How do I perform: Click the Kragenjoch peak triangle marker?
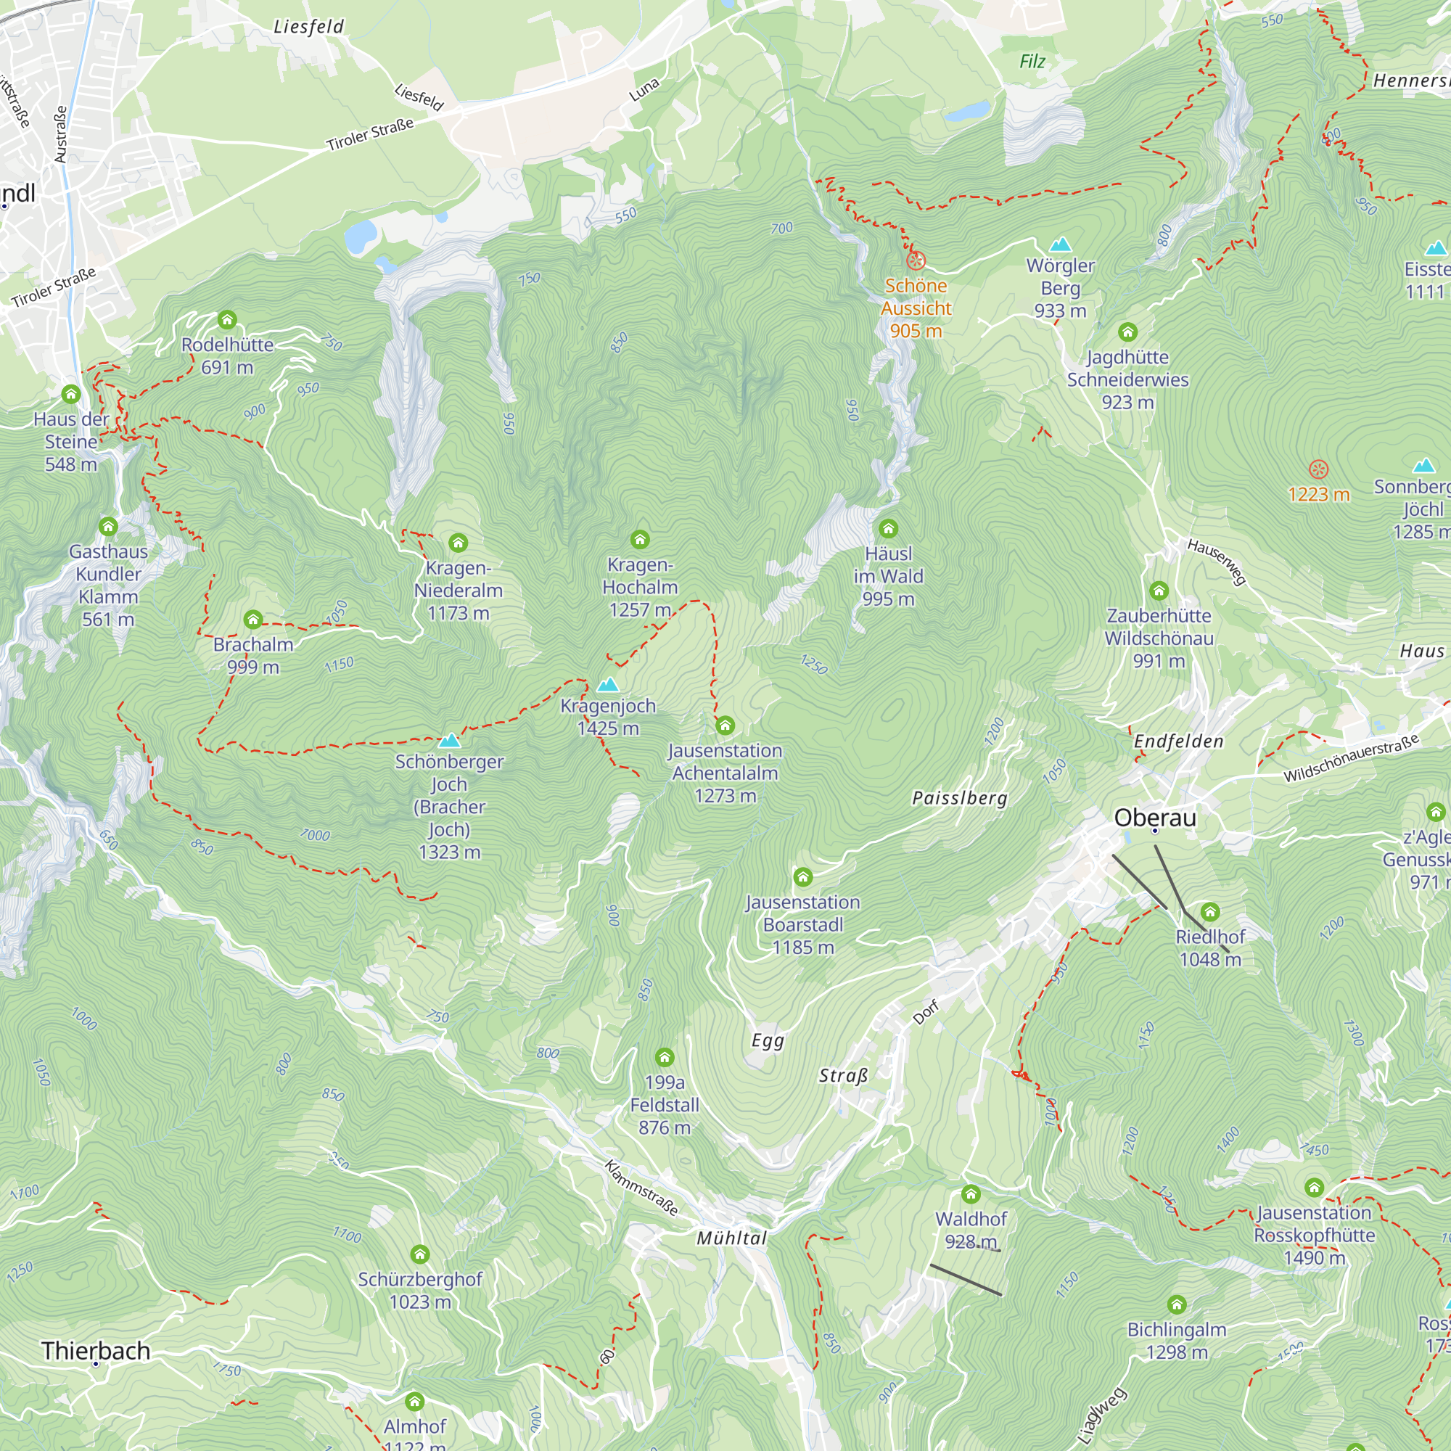tap(607, 684)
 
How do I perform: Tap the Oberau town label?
tap(1154, 817)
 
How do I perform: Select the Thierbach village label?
tap(96, 1350)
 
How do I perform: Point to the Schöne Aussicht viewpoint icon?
tap(916, 260)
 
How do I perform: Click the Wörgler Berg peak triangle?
tap(1060, 244)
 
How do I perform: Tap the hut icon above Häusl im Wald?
tap(888, 529)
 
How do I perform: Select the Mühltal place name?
tap(731, 1238)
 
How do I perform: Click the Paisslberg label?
tap(959, 798)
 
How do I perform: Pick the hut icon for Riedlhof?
tap(1210, 912)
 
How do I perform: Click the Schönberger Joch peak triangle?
tap(449, 741)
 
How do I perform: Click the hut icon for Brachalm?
tap(253, 620)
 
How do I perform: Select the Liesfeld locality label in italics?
tap(308, 27)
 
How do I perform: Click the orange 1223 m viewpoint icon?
tap(1318, 470)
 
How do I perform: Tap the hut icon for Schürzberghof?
tap(420, 1254)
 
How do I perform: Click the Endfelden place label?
tap(1177, 741)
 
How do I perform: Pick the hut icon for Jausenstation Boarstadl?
tap(803, 876)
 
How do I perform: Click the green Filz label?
tap(1032, 62)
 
